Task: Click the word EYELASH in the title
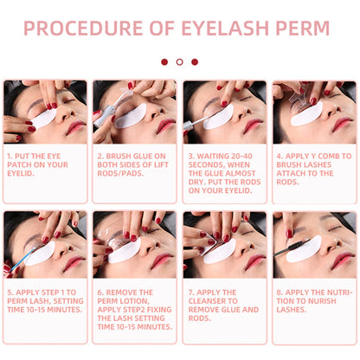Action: (225, 28)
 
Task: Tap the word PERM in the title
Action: (303, 28)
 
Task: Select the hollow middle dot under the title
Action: (179, 61)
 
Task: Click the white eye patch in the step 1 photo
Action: (44, 119)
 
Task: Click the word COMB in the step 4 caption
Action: (329, 156)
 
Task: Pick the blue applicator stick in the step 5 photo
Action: (22, 260)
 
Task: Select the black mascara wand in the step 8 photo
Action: (292, 247)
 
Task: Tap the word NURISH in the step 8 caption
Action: (320, 301)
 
